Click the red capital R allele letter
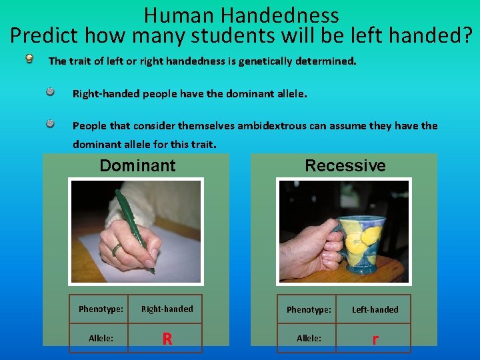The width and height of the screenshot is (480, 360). click(167, 339)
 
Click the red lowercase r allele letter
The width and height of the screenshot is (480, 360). click(375, 339)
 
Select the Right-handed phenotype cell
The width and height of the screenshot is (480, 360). click(167, 309)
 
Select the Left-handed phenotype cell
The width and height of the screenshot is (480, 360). click(375, 309)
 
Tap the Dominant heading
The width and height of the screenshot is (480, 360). click(137, 165)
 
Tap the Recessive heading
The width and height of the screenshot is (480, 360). click(345, 165)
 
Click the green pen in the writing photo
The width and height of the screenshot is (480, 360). click(133, 227)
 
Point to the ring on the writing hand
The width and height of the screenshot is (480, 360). click(116, 249)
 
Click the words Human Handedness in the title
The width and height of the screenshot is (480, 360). click(241, 15)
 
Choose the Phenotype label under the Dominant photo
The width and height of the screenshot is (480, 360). click(101, 309)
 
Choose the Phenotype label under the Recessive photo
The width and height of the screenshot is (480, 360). click(309, 309)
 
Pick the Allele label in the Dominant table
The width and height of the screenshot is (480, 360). click(101, 339)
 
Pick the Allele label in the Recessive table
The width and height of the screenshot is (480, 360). click(309, 339)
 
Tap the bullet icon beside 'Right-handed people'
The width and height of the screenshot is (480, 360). click(50, 92)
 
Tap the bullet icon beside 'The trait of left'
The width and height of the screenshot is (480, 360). click(30, 59)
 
